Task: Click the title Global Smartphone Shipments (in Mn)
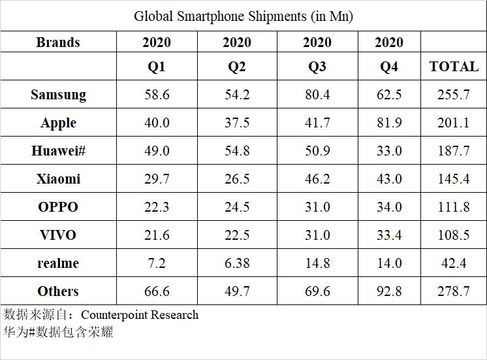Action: (x=243, y=16)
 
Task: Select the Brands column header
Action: (x=58, y=42)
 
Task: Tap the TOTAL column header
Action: (x=454, y=66)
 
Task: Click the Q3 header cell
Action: (x=317, y=66)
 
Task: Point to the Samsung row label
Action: (x=58, y=95)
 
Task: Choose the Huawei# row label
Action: (x=59, y=151)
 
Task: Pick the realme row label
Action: (x=58, y=263)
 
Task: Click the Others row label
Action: (x=58, y=291)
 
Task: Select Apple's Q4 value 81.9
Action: (x=389, y=123)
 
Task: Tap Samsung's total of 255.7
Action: (x=454, y=95)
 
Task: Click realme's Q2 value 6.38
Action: (x=237, y=263)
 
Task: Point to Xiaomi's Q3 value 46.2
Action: (x=317, y=179)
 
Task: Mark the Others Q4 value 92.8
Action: (x=389, y=291)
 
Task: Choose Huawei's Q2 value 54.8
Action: (x=237, y=151)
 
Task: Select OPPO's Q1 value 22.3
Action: (x=157, y=207)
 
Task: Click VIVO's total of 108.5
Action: (x=454, y=235)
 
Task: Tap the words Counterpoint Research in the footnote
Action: (x=140, y=314)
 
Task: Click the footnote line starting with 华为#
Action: (x=58, y=332)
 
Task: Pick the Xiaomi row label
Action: (x=58, y=179)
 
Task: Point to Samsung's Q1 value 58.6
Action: (x=157, y=95)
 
